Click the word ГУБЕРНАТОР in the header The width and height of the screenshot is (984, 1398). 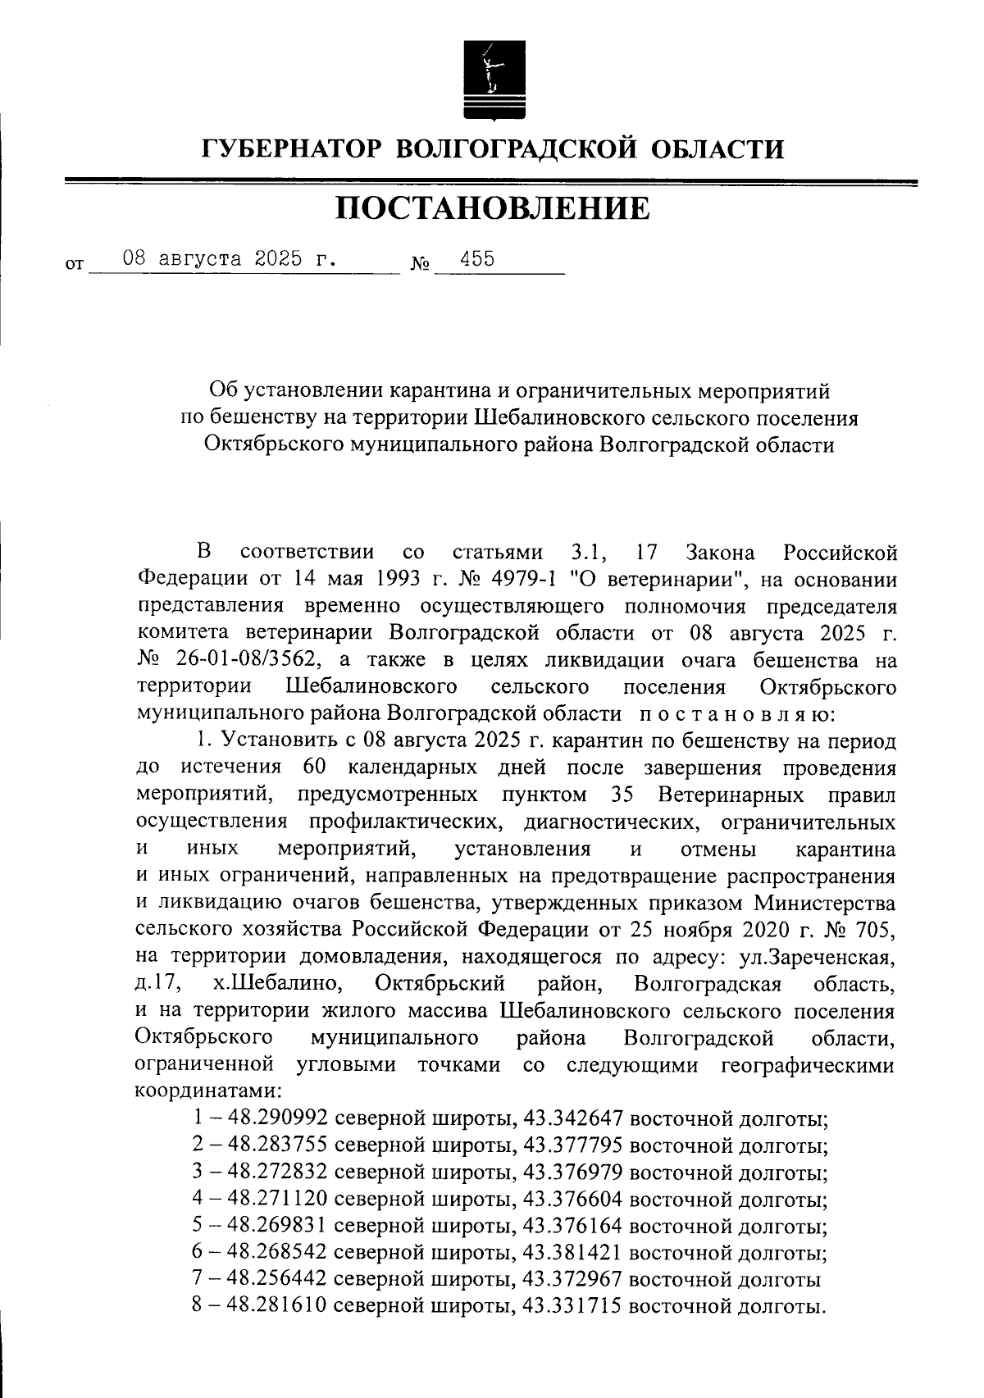tap(291, 149)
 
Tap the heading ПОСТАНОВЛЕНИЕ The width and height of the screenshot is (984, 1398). tap(492, 208)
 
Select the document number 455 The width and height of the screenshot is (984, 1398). tap(477, 259)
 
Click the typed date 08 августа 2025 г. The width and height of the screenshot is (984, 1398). tap(229, 259)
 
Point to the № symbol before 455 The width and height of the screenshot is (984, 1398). tap(420, 266)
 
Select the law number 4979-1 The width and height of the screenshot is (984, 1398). tap(515, 579)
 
